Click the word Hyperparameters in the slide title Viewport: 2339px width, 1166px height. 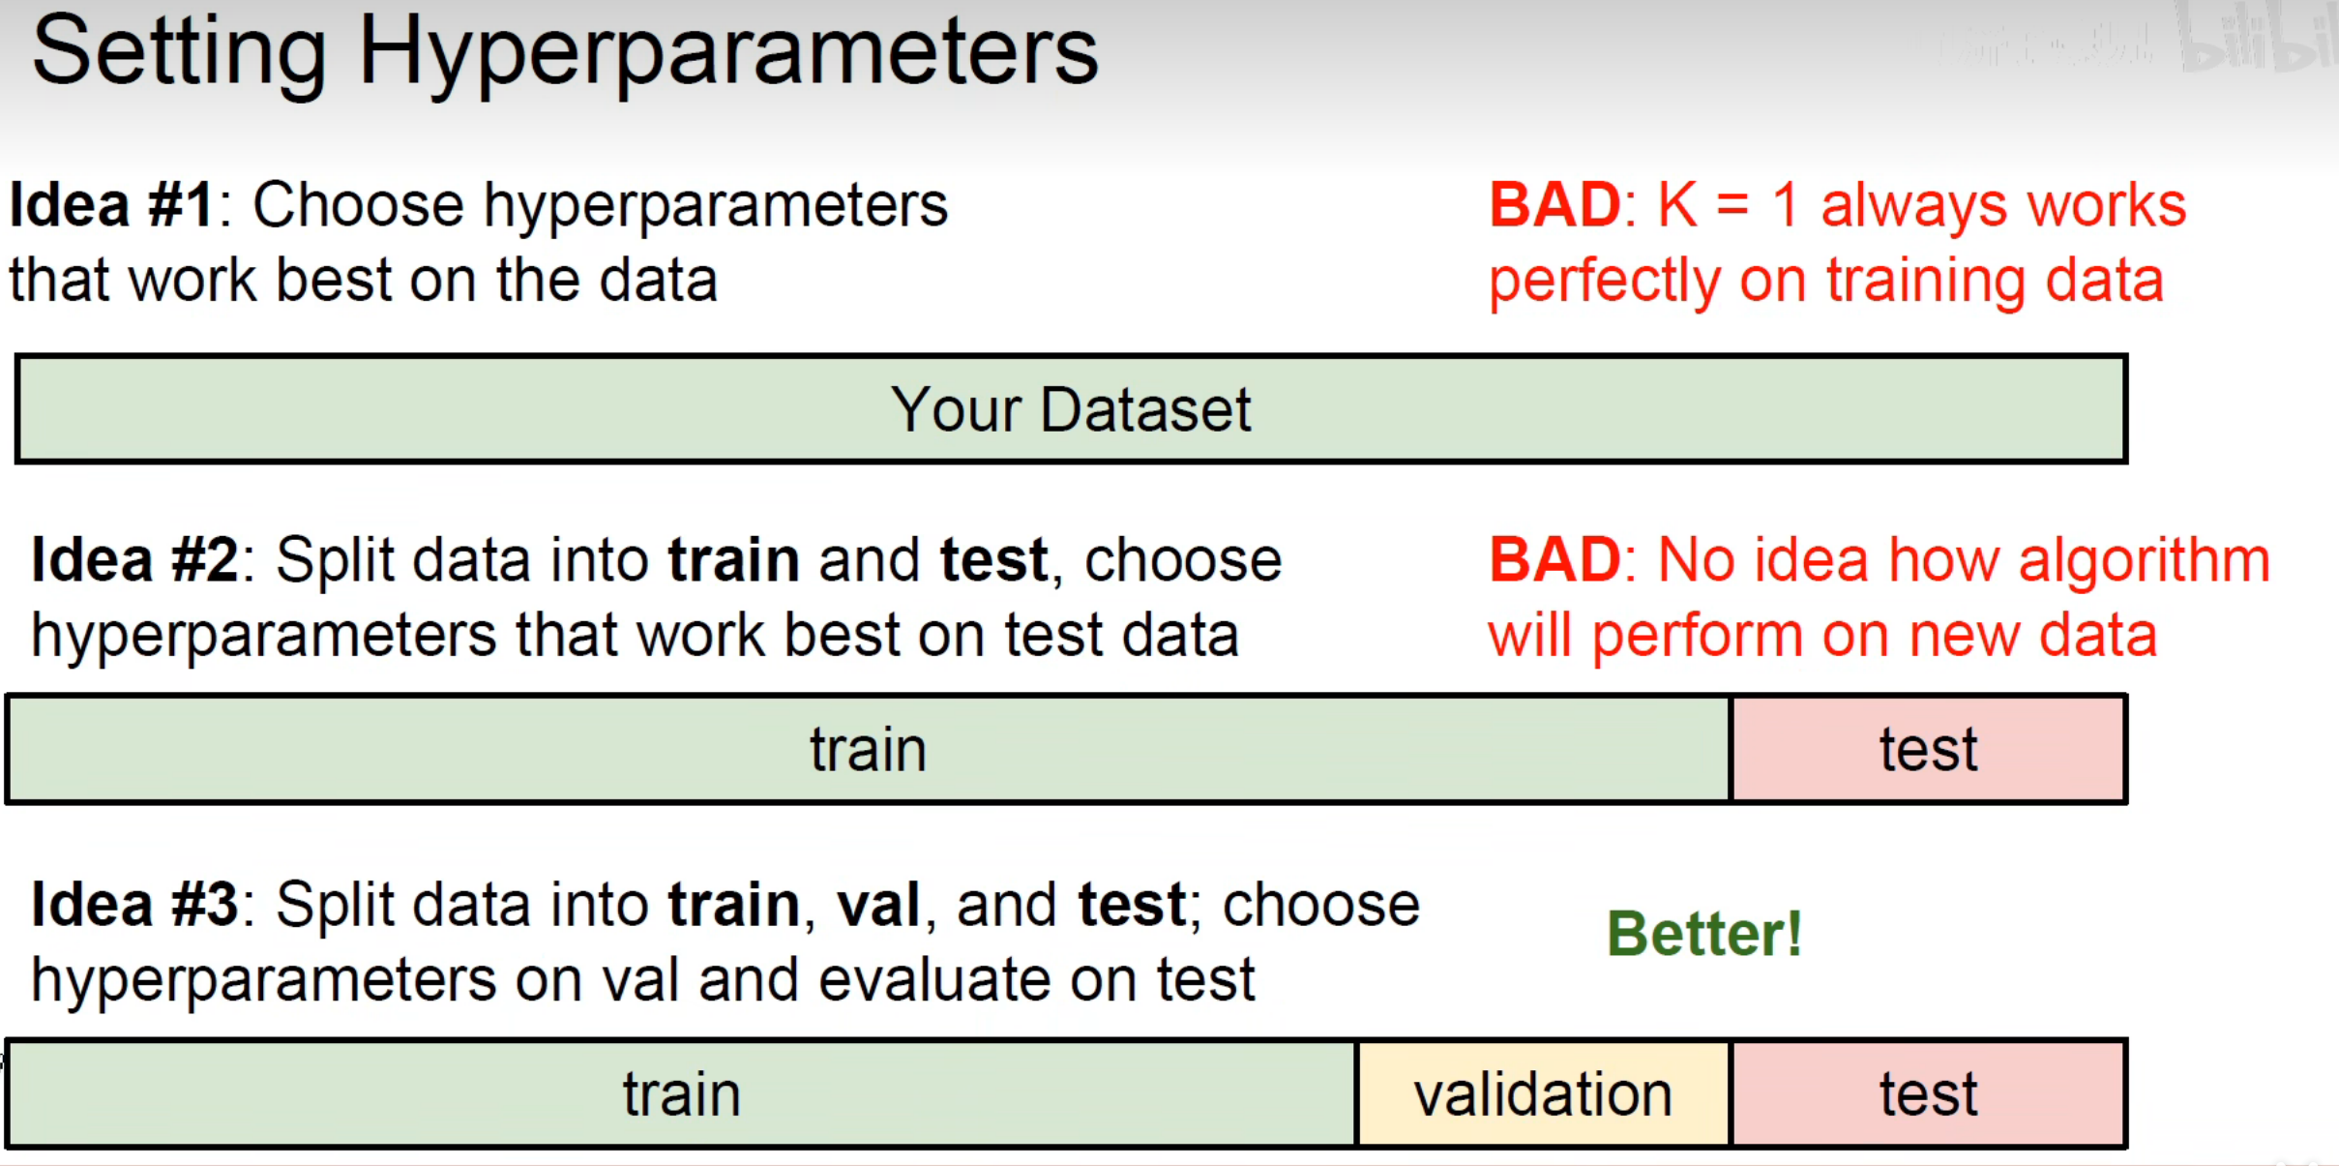coord(728,54)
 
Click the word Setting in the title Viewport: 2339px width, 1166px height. coord(179,54)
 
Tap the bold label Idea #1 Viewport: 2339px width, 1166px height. coord(111,205)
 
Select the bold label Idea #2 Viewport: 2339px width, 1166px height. coord(134,560)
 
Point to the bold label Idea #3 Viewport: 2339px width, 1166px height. coord(134,905)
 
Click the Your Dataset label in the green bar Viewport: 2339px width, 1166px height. coord(1071,409)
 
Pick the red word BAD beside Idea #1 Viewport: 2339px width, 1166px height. coord(1554,205)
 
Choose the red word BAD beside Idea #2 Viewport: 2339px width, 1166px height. coord(1554,560)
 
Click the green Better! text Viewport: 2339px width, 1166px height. coord(1704,934)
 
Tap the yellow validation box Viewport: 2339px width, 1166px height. coord(1544,1094)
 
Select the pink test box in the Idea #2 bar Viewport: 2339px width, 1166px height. coord(1928,749)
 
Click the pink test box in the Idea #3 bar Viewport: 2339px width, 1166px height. coord(1928,1094)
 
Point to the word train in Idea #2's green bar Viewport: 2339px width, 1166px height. coord(868,750)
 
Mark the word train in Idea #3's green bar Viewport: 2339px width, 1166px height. coord(681,1094)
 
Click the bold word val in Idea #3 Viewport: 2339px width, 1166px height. coord(878,906)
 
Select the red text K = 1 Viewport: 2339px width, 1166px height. coord(1728,205)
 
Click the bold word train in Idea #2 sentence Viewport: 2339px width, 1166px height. coord(733,561)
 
